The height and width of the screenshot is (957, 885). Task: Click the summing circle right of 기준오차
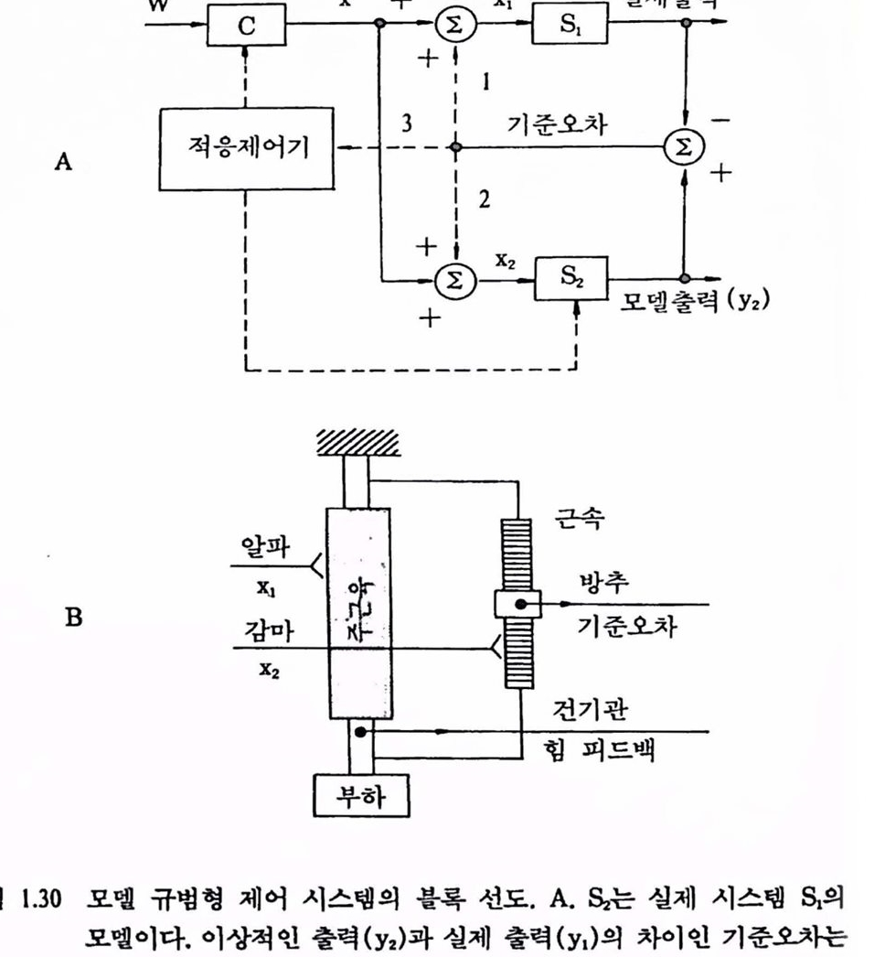click(x=685, y=147)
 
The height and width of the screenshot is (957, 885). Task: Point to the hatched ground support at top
click(x=357, y=444)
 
